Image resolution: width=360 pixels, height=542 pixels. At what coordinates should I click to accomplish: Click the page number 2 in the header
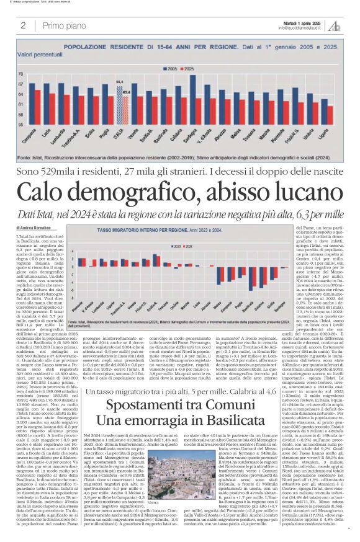pos(23,25)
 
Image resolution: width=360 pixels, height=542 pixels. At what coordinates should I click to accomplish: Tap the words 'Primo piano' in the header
pos(65,25)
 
